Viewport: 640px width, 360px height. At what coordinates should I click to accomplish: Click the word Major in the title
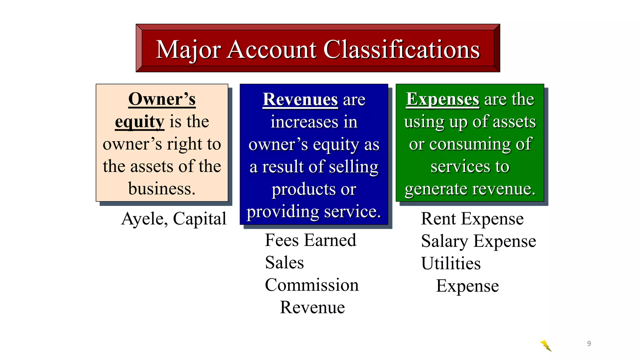click(x=188, y=50)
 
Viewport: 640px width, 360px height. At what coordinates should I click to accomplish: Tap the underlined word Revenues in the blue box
click(x=300, y=99)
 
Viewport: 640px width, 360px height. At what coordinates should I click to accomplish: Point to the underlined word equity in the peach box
click(x=139, y=122)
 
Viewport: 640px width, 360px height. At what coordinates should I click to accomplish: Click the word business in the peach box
click(x=162, y=189)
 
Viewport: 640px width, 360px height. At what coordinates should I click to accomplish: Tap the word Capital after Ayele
click(x=199, y=219)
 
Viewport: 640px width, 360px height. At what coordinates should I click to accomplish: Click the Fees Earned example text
click(x=310, y=240)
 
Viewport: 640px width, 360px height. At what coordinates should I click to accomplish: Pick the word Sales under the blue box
click(x=284, y=262)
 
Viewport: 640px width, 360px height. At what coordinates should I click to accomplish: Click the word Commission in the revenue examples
click(x=312, y=285)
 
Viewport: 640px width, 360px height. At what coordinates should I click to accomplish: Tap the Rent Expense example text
click(x=472, y=218)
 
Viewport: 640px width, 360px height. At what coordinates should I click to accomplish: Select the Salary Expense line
click(x=478, y=241)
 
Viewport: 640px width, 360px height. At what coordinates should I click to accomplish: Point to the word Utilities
click(x=451, y=263)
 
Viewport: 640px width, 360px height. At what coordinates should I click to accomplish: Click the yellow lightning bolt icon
click(x=546, y=346)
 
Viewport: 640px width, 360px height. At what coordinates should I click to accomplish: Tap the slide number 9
click(x=589, y=343)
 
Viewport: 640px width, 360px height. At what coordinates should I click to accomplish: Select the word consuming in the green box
click(x=470, y=144)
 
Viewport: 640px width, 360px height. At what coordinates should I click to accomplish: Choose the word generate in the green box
click(x=436, y=189)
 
